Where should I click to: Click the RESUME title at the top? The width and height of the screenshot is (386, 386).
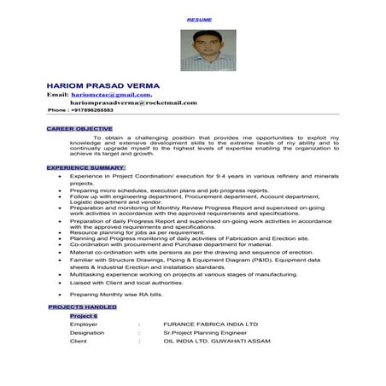(201, 19)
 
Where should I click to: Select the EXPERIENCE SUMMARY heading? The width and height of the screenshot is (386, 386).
(85, 167)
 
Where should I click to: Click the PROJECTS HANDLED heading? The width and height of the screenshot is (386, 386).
(83, 306)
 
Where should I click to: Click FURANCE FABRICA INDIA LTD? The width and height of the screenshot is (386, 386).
(210, 325)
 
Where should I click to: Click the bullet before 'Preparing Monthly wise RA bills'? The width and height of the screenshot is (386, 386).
(60, 295)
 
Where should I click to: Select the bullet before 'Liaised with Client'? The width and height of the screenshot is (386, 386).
(60, 283)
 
